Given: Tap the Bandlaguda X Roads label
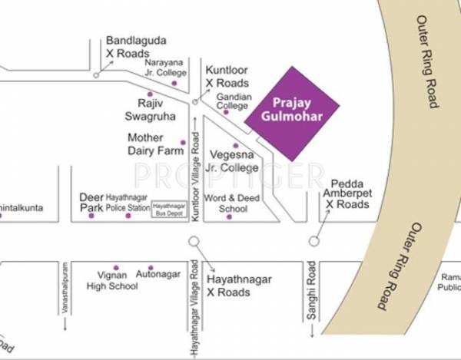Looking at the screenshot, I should coord(136,47).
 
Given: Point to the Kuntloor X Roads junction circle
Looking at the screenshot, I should coord(196,101).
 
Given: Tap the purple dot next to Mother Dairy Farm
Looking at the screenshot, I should coord(183,142).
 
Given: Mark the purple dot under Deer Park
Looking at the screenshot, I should coord(91,216).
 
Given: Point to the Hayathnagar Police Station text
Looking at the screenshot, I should coord(128,203).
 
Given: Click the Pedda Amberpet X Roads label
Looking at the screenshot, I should coord(350,194).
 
